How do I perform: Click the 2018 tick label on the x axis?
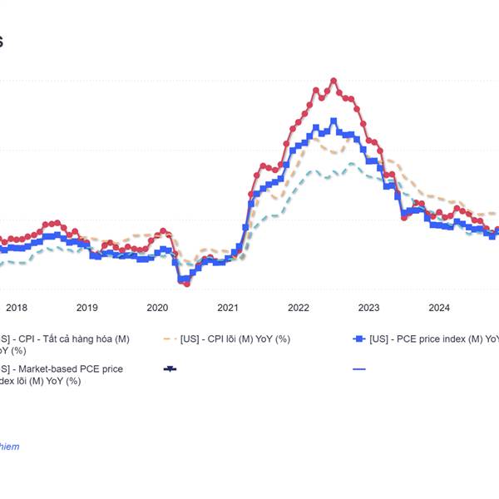point(16,307)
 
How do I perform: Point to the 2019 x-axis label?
point(86,307)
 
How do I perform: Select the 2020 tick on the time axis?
point(157,307)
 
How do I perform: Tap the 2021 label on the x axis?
point(228,307)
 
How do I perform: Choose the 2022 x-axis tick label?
point(299,307)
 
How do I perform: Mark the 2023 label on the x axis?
point(368,307)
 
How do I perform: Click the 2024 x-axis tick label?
point(439,307)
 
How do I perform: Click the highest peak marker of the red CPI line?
point(333,81)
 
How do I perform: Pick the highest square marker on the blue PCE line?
point(333,121)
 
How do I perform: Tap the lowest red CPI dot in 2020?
point(187,284)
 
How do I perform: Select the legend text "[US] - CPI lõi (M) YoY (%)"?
point(235,338)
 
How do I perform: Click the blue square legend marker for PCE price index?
point(358,338)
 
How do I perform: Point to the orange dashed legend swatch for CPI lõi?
point(170,338)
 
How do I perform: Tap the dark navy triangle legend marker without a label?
point(170,368)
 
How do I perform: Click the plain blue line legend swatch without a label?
point(358,368)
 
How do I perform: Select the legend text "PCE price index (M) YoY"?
point(432,338)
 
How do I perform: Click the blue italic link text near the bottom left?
point(8,447)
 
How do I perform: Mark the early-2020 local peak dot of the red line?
point(163,231)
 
